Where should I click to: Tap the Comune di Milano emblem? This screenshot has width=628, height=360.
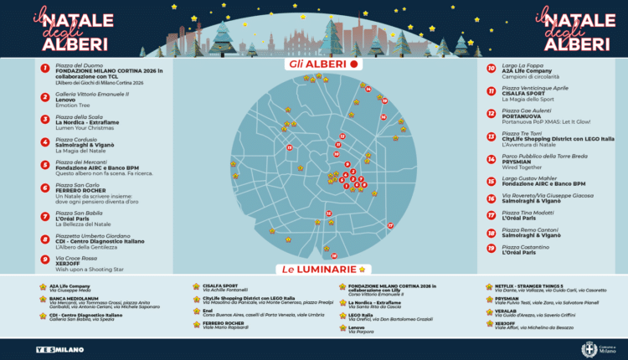point(589,348)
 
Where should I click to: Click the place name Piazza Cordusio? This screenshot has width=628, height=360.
point(75,139)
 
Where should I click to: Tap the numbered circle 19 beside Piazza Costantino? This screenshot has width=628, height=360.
point(491,249)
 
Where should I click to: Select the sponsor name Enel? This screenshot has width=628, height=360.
point(208,310)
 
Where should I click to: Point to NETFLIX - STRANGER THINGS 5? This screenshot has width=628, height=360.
point(524,285)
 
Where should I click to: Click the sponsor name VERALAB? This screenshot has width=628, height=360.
point(506,310)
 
